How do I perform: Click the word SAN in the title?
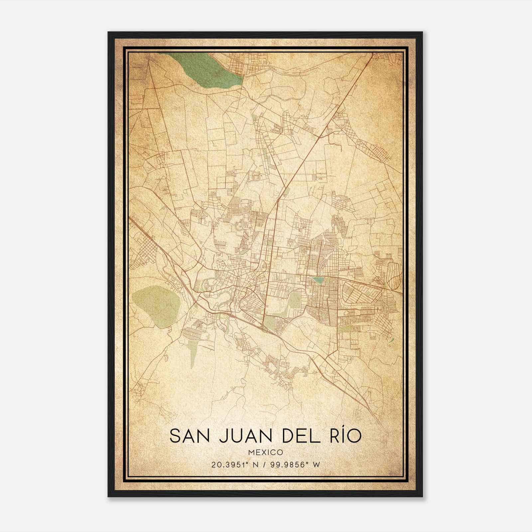(190, 436)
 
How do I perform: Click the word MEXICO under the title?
(266, 453)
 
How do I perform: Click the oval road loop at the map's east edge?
(393, 276)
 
